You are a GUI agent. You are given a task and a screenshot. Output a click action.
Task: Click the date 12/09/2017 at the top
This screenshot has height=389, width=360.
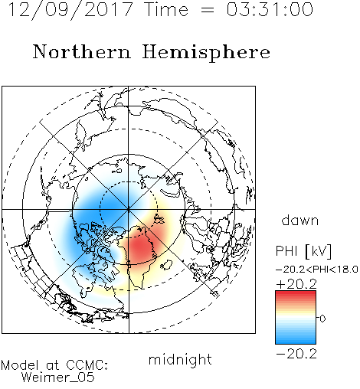[x=70, y=10]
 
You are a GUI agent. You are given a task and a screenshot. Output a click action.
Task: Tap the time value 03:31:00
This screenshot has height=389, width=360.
[x=270, y=9]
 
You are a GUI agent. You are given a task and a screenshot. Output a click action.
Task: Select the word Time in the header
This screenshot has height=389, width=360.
[x=166, y=9]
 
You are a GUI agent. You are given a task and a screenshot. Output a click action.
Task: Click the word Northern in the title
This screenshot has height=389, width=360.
[x=82, y=52]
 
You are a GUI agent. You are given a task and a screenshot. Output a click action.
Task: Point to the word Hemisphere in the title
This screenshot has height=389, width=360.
[x=206, y=53]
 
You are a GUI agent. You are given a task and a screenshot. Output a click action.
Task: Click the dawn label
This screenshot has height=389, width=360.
[x=300, y=221]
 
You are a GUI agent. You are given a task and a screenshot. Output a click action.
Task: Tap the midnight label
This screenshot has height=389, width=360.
[x=180, y=359]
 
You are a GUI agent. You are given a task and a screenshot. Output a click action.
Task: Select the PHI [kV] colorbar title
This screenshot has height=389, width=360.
[x=303, y=251]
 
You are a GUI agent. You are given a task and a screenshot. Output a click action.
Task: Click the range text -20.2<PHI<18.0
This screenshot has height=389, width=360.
[x=317, y=270]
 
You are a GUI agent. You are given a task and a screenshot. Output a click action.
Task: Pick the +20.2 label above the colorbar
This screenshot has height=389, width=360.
[x=296, y=284]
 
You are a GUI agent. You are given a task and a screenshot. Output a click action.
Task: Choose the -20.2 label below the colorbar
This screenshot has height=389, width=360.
[x=296, y=354]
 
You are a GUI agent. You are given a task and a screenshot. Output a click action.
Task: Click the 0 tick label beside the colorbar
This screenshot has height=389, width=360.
[x=322, y=319]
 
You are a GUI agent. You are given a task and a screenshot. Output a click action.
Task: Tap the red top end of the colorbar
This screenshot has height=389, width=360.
[x=296, y=293]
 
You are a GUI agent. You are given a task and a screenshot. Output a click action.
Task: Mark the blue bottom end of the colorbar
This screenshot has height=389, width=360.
[x=296, y=342]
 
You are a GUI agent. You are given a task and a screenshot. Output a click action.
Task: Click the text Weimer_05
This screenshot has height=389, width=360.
[x=57, y=377]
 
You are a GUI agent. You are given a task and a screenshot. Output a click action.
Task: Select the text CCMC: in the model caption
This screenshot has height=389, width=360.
[x=87, y=365]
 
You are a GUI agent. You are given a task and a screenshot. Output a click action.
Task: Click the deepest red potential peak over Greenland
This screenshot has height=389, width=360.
[x=139, y=247]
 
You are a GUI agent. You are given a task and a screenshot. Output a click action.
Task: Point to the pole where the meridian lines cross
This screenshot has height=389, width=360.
[x=129, y=210]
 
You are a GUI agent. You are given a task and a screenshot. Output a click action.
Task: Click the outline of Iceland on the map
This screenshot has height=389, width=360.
[x=166, y=265]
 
